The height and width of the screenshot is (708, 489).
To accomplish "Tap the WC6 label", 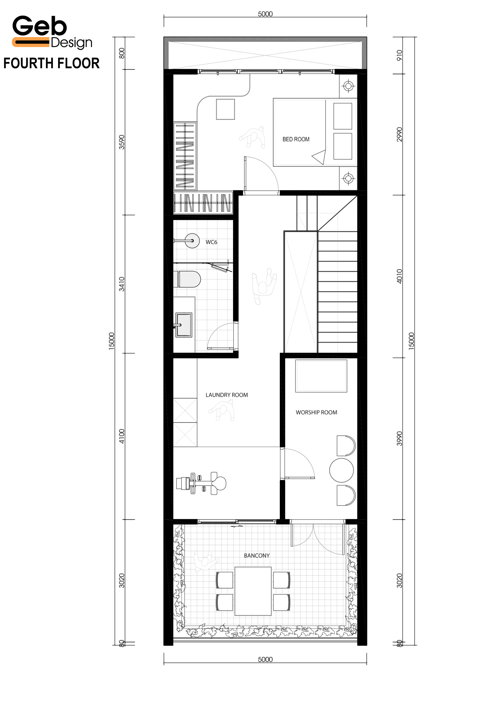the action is point(211,242).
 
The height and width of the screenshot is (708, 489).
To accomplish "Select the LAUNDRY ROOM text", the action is point(227,395).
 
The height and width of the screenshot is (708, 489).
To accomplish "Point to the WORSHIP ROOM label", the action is point(317,412).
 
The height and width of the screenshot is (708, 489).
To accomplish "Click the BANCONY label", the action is point(257,556).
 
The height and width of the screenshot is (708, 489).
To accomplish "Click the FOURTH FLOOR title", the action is point(51,63).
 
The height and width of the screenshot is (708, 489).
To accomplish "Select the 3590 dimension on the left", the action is point(122,142).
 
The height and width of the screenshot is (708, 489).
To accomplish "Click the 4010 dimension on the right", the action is point(399,276).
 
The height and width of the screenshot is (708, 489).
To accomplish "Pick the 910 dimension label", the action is point(399,55).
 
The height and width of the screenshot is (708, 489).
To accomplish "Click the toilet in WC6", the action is point(187,279).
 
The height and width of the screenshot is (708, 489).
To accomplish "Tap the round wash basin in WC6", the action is point(192,241).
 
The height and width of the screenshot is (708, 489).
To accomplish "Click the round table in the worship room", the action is point(341,470).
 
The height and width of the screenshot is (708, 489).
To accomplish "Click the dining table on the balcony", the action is point(253,591).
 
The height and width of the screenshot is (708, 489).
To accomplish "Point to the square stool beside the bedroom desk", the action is point(225,109).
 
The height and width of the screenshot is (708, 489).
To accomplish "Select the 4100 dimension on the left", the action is point(122,436).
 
